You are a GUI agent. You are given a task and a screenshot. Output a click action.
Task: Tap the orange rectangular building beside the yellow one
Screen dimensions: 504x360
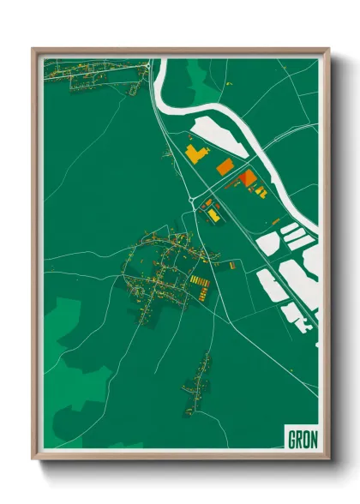[225, 166]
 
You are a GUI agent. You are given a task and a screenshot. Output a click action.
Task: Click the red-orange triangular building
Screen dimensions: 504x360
[247, 177]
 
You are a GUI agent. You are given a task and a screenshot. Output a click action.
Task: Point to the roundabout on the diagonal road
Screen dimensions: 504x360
[189, 200]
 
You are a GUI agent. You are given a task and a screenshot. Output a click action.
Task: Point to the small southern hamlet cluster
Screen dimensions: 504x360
[198, 377]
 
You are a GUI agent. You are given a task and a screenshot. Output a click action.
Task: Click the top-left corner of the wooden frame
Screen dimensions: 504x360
[34, 50]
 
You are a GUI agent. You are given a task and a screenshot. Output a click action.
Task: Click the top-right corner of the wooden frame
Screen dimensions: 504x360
[327, 50]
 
